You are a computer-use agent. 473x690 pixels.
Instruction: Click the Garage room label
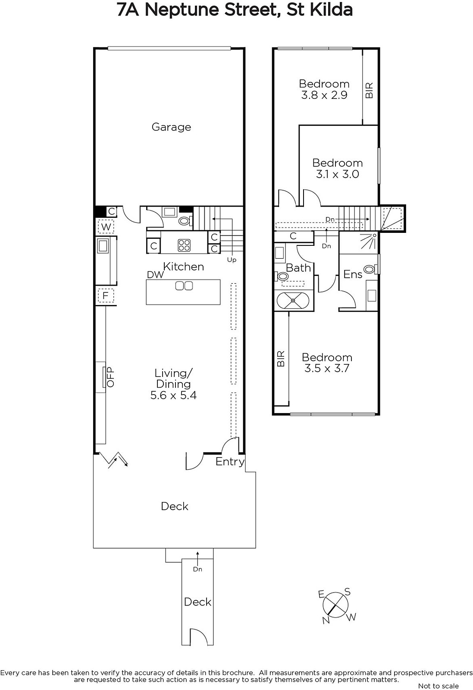click(x=171, y=127)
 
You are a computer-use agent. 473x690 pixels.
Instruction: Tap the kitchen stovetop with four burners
click(x=184, y=245)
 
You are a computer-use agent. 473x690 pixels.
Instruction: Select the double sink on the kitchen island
click(x=184, y=286)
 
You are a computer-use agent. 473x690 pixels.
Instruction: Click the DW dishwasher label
click(x=155, y=275)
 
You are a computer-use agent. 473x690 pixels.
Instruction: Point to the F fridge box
click(x=106, y=296)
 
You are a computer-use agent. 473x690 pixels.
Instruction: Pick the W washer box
click(x=106, y=227)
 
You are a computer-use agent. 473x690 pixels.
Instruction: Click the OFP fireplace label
click(x=110, y=377)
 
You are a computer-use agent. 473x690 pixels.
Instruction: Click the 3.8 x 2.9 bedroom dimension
click(x=324, y=95)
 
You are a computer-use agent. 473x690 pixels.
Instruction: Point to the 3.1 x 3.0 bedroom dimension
click(x=338, y=174)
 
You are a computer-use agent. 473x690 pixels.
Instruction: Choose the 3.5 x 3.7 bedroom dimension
click(x=327, y=368)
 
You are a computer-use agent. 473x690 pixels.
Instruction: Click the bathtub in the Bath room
click(x=293, y=300)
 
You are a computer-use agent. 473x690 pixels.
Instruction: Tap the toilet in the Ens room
click(x=370, y=269)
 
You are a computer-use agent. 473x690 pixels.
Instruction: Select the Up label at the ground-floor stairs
click(x=232, y=260)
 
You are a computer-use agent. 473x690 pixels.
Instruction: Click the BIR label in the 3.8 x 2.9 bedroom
click(x=369, y=90)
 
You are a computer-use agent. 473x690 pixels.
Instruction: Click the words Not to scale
click(x=439, y=686)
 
